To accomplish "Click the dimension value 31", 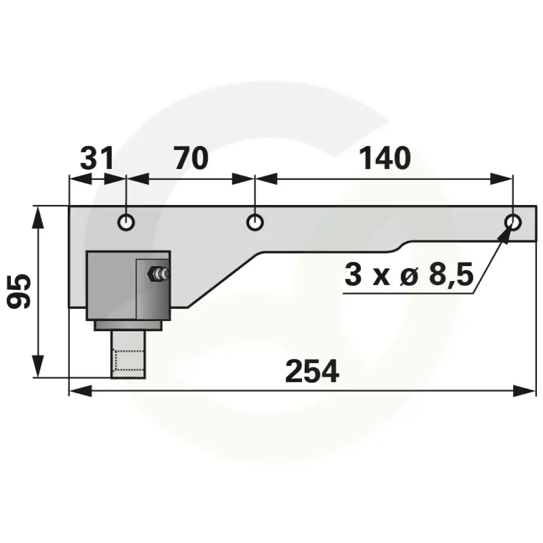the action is point(96,158).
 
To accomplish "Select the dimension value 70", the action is point(191,158).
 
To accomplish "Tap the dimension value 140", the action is point(385,158).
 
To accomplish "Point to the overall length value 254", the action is point(312,371).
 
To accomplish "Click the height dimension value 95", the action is point(19,291).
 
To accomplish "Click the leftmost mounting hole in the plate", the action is point(126,222).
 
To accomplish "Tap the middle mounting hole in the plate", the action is point(255,222).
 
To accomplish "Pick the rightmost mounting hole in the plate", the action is point(513,222).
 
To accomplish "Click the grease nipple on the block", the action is point(157,274).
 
